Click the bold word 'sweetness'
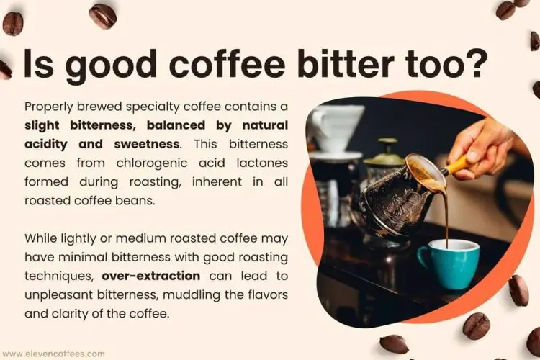click(138, 144)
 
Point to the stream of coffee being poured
click(444, 216)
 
